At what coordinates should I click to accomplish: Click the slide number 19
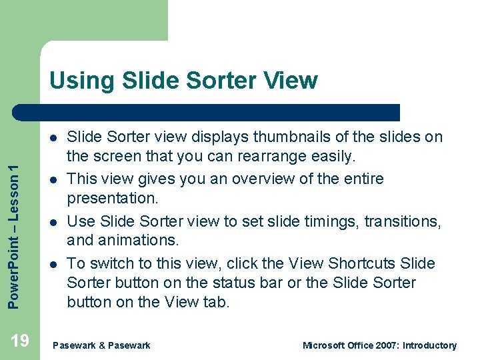pos(20,341)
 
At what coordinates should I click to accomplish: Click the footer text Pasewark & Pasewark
pos(101,345)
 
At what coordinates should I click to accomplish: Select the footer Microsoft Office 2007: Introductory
pos(379,345)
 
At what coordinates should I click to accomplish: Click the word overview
pos(258,179)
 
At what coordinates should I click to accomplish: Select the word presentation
pos(110,199)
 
